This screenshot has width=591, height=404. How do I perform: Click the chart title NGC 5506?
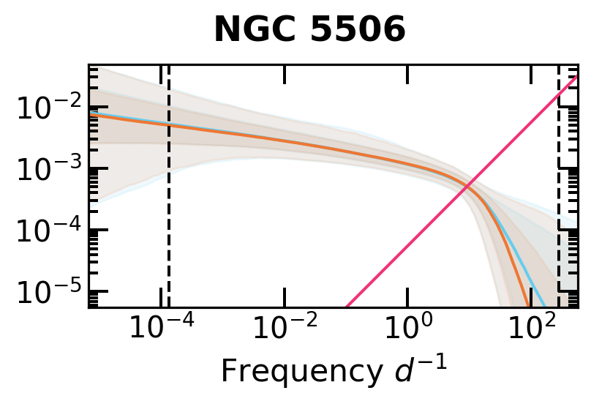pos(309,31)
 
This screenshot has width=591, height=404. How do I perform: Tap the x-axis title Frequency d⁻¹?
pos(333,371)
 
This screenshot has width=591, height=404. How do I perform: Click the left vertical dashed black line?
pos(169,220)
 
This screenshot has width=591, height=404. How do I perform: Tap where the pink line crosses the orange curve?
pos(469,184)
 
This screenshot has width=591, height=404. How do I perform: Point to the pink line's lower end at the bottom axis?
pos(347,305)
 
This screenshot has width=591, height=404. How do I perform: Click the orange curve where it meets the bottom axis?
pos(528,305)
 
